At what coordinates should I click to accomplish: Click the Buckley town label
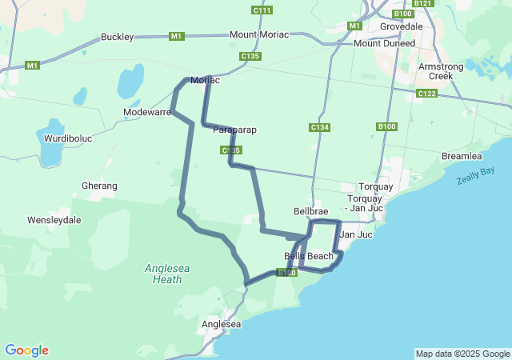(118, 37)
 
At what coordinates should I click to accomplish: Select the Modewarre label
(147, 113)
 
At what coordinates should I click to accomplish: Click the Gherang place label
(99, 186)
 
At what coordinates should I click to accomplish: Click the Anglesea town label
(222, 324)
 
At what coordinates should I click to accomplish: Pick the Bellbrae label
(311, 211)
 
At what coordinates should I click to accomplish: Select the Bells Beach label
(309, 256)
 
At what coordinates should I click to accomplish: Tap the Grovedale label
(402, 26)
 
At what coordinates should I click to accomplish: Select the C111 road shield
(262, 10)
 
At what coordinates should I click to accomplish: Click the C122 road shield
(426, 94)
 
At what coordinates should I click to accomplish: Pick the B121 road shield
(424, 4)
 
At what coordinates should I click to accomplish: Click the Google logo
(26, 350)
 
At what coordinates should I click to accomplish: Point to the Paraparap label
(235, 130)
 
